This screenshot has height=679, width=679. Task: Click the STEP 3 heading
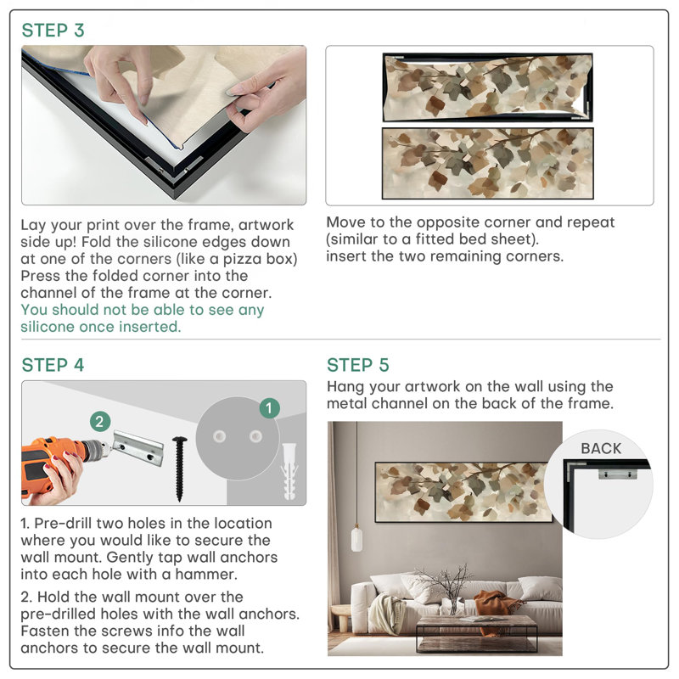(53, 31)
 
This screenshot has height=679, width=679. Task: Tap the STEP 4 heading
(53, 365)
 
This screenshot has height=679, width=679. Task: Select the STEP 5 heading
(358, 365)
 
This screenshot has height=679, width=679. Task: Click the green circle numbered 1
(269, 408)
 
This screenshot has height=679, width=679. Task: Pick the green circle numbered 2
(100, 421)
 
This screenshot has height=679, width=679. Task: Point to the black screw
(180, 469)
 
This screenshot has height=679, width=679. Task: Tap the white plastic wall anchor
(289, 471)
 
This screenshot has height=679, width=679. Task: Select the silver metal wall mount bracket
(137, 447)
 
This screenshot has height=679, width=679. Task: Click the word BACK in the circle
(601, 448)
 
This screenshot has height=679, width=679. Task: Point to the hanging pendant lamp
(356, 538)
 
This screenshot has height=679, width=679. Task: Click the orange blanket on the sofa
(496, 606)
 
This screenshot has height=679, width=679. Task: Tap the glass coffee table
(476, 633)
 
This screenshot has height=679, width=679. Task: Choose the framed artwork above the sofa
(463, 492)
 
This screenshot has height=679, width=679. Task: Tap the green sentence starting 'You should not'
(143, 318)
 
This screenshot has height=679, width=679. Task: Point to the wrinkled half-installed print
(487, 87)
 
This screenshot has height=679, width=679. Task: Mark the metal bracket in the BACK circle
(618, 474)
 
